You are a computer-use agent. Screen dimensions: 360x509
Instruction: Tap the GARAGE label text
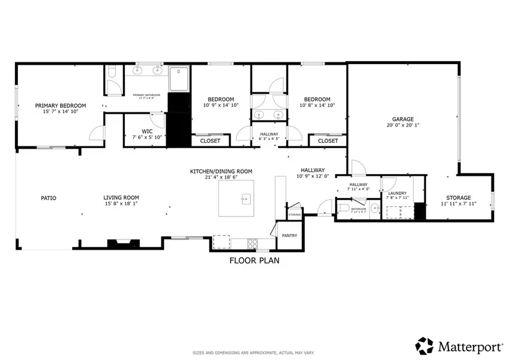(x=403, y=119)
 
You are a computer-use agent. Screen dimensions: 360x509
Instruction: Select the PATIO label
(x=49, y=197)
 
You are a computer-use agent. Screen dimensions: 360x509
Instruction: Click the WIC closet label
(x=147, y=131)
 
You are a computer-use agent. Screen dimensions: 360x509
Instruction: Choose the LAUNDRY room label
(x=397, y=193)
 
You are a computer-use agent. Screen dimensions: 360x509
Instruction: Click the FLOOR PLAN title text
(x=254, y=261)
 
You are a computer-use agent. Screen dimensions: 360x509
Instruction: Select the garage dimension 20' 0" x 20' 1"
(x=403, y=126)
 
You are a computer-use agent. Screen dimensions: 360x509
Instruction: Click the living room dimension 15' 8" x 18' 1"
(x=121, y=204)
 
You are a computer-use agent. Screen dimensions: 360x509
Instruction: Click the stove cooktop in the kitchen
(x=253, y=243)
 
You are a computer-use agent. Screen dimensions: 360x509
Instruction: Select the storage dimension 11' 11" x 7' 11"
(x=458, y=204)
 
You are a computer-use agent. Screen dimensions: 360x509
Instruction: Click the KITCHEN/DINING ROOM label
(x=221, y=171)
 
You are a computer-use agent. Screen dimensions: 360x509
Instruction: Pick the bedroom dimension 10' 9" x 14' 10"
(x=221, y=106)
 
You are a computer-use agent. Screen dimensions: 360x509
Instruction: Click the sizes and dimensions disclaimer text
(x=254, y=352)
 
